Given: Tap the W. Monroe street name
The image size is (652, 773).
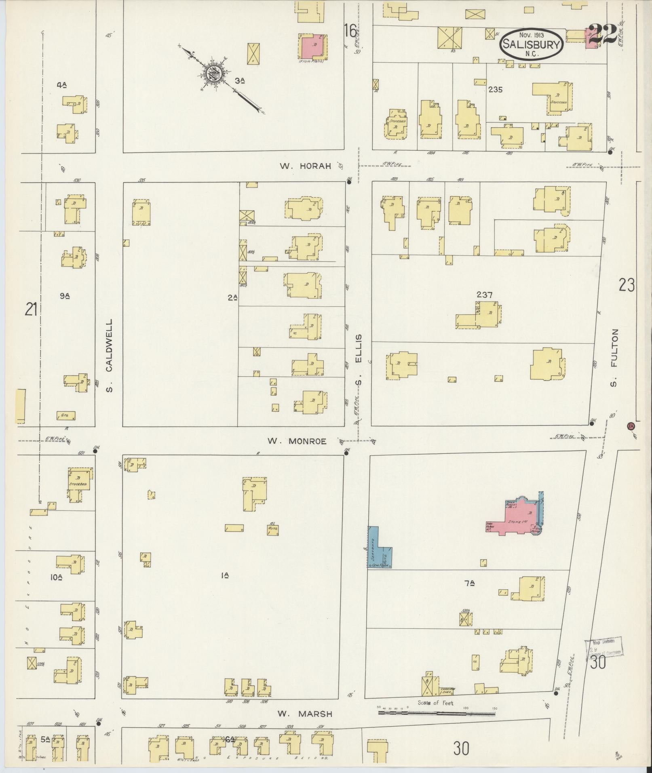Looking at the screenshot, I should coord(297,441).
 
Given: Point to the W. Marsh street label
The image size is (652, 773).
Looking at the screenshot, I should coord(305,714).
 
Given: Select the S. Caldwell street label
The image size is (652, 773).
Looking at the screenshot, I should coord(109,356).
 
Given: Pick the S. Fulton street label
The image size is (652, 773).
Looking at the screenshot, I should coord(615,358).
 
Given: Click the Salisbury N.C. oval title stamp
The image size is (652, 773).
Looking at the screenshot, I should coord(531,45).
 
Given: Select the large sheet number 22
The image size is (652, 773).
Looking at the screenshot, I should coord(602,34).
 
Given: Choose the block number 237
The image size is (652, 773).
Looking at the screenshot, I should coord(484,295).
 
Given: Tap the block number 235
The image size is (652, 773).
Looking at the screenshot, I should coord(495,90).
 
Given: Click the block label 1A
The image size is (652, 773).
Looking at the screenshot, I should coord(225,575).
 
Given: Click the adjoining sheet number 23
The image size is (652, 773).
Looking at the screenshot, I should coord(626,286).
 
